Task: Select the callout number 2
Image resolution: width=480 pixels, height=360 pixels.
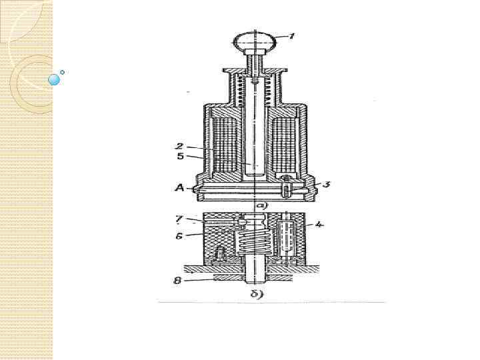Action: [180, 146]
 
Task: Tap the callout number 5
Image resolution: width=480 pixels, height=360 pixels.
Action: [180, 156]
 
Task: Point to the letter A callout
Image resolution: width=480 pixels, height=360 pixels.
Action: [179, 187]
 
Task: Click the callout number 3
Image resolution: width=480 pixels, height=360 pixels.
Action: [327, 184]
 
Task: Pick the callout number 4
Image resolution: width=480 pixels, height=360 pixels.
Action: [319, 225]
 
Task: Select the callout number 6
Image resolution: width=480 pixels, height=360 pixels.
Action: [179, 236]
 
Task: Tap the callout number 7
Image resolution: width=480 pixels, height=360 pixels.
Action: [179, 219]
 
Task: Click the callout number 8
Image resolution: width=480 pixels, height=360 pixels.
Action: [177, 281]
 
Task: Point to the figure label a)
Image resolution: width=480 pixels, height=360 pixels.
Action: [262, 205]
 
